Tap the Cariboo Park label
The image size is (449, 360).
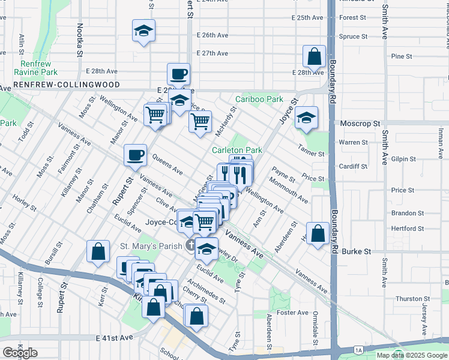[259, 99]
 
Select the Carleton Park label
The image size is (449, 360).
[237, 150]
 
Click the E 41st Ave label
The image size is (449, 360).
[114, 338]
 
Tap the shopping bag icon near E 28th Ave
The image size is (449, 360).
[314, 58]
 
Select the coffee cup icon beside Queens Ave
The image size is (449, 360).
[135, 155]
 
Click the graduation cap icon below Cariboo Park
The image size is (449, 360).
[306, 118]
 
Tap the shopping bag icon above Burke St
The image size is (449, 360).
[318, 233]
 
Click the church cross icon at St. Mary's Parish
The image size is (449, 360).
[190, 245]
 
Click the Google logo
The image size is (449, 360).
[20, 353]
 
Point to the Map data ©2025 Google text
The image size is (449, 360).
[411, 355]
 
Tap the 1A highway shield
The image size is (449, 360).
[358, 349]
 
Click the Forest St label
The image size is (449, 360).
[352, 18]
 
